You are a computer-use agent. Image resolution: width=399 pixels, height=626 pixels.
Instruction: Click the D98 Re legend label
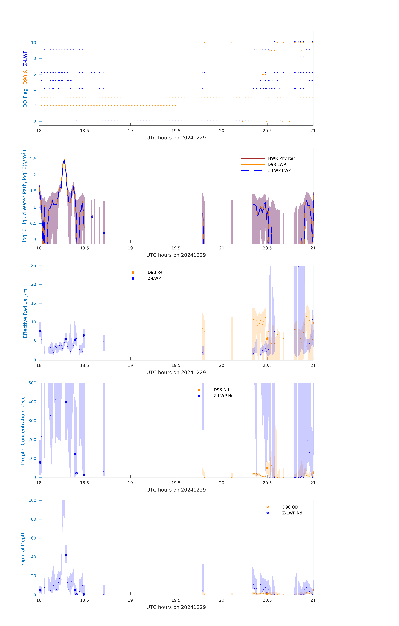155,272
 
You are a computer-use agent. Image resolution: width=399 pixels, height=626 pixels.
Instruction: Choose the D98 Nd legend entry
221,390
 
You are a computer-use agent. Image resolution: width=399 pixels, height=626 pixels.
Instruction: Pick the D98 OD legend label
290,507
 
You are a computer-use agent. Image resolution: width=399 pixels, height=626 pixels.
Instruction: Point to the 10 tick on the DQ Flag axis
33,43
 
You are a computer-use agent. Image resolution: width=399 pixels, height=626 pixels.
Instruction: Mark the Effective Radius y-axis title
25,313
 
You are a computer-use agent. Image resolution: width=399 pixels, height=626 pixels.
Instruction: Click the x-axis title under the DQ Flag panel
176,138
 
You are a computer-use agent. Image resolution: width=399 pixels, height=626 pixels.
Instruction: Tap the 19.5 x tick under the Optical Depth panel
176,600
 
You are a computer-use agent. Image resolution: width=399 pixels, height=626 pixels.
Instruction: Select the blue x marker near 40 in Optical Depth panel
66,555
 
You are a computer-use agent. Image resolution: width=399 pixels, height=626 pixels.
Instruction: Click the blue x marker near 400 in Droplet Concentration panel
66,402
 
